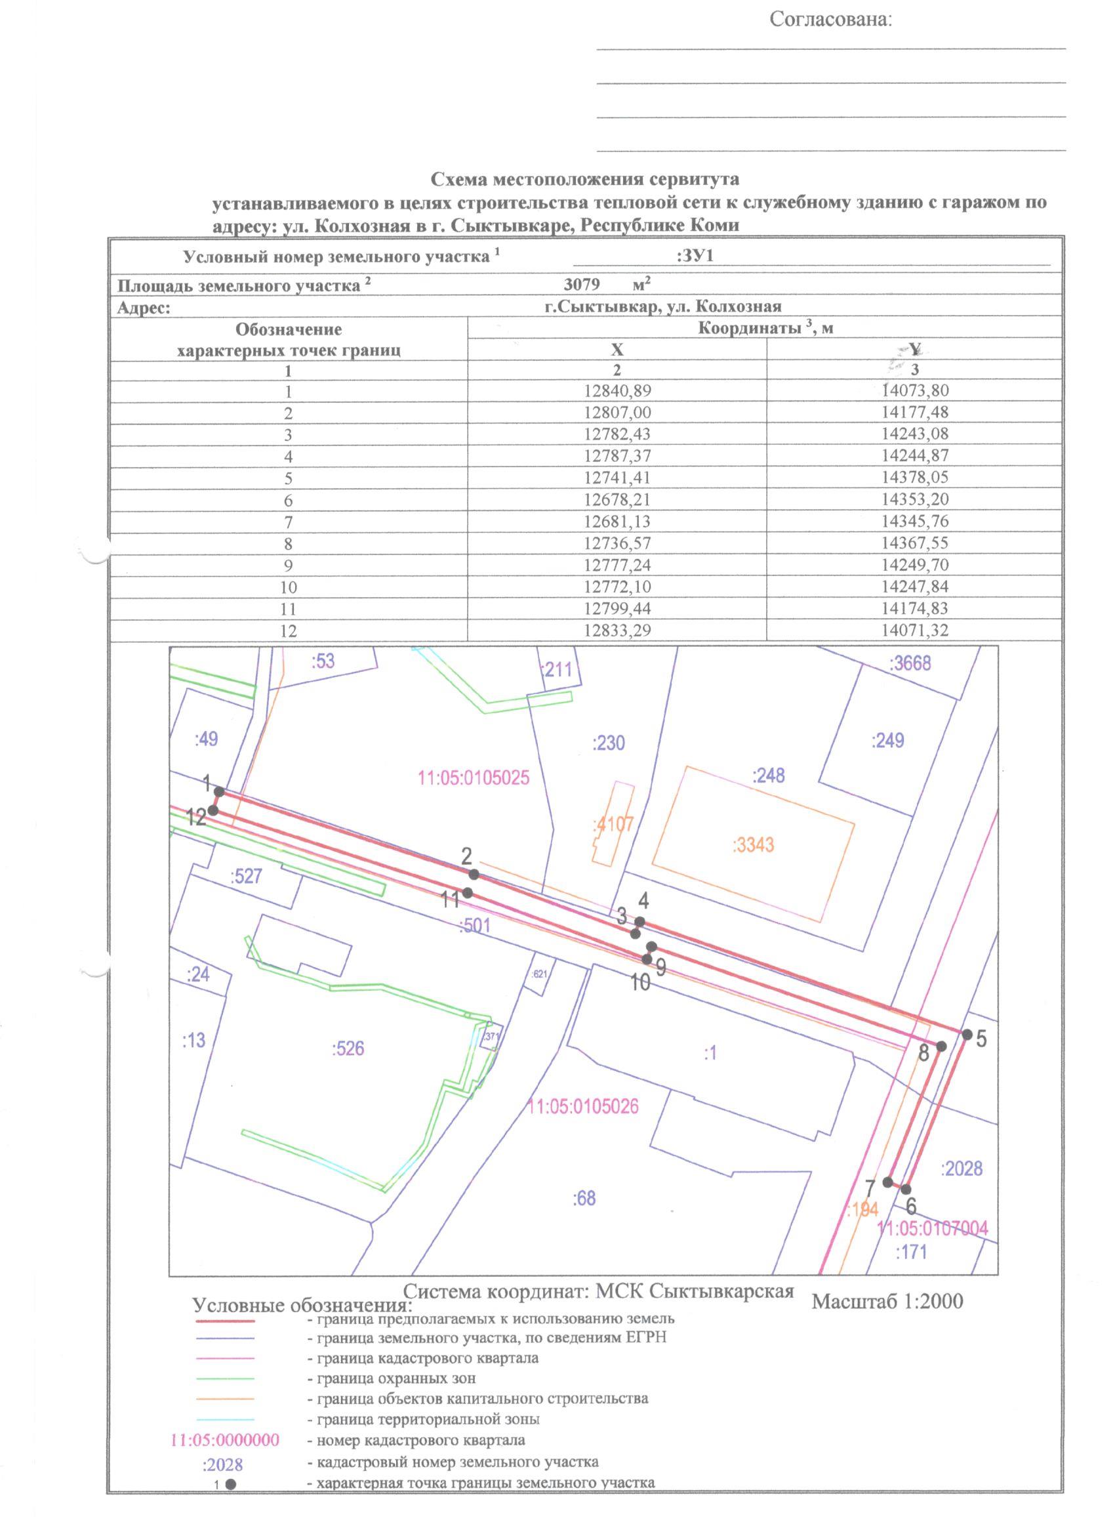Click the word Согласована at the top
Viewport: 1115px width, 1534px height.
[x=831, y=20]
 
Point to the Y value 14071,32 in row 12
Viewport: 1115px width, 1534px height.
[x=915, y=631]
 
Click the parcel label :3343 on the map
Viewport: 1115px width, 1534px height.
[x=753, y=845]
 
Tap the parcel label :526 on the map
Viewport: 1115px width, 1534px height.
[x=348, y=1049]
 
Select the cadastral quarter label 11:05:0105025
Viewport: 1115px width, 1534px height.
[x=474, y=777]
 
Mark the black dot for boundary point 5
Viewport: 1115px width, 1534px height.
[x=967, y=1034]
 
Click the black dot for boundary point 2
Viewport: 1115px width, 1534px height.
[x=474, y=875]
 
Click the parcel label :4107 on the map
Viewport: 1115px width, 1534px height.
[x=613, y=825]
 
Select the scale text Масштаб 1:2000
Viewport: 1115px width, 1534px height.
[x=887, y=1300]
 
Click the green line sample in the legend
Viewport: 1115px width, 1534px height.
[x=225, y=1379]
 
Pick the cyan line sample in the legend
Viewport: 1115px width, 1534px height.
[x=225, y=1419]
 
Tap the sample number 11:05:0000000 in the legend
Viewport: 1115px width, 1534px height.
[x=224, y=1440]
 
